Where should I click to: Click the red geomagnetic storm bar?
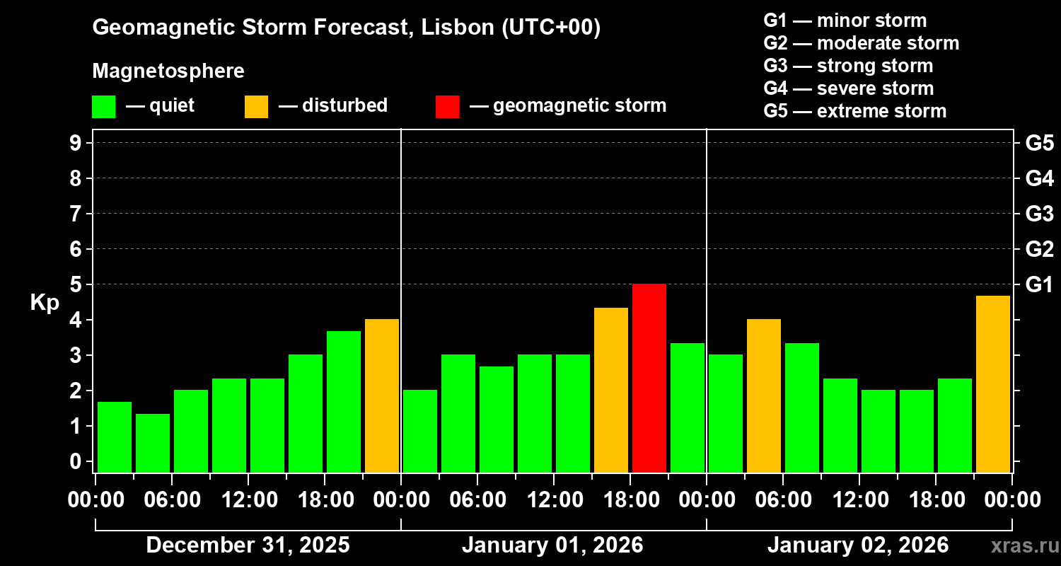[x=649, y=378]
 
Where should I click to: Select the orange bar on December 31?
[x=382, y=395]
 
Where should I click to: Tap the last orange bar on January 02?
[x=993, y=383]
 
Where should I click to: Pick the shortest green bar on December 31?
[x=153, y=443]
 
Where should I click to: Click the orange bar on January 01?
[x=611, y=390]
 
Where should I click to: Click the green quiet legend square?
[x=103, y=107]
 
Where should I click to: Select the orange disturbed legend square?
[x=256, y=107]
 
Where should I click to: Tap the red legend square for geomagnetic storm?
[x=447, y=107]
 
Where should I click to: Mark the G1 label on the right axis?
[x=1039, y=284]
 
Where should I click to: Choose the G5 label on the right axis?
[x=1039, y=143]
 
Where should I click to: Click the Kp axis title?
[x=45, y=303]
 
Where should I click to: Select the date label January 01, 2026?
[x=552, y=545]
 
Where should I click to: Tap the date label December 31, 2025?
[x=248, y=545]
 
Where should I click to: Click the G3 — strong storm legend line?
[x=848, y=66]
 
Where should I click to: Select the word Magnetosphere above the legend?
[x=168, y=71]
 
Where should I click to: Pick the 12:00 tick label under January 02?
[x=859, y=500]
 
